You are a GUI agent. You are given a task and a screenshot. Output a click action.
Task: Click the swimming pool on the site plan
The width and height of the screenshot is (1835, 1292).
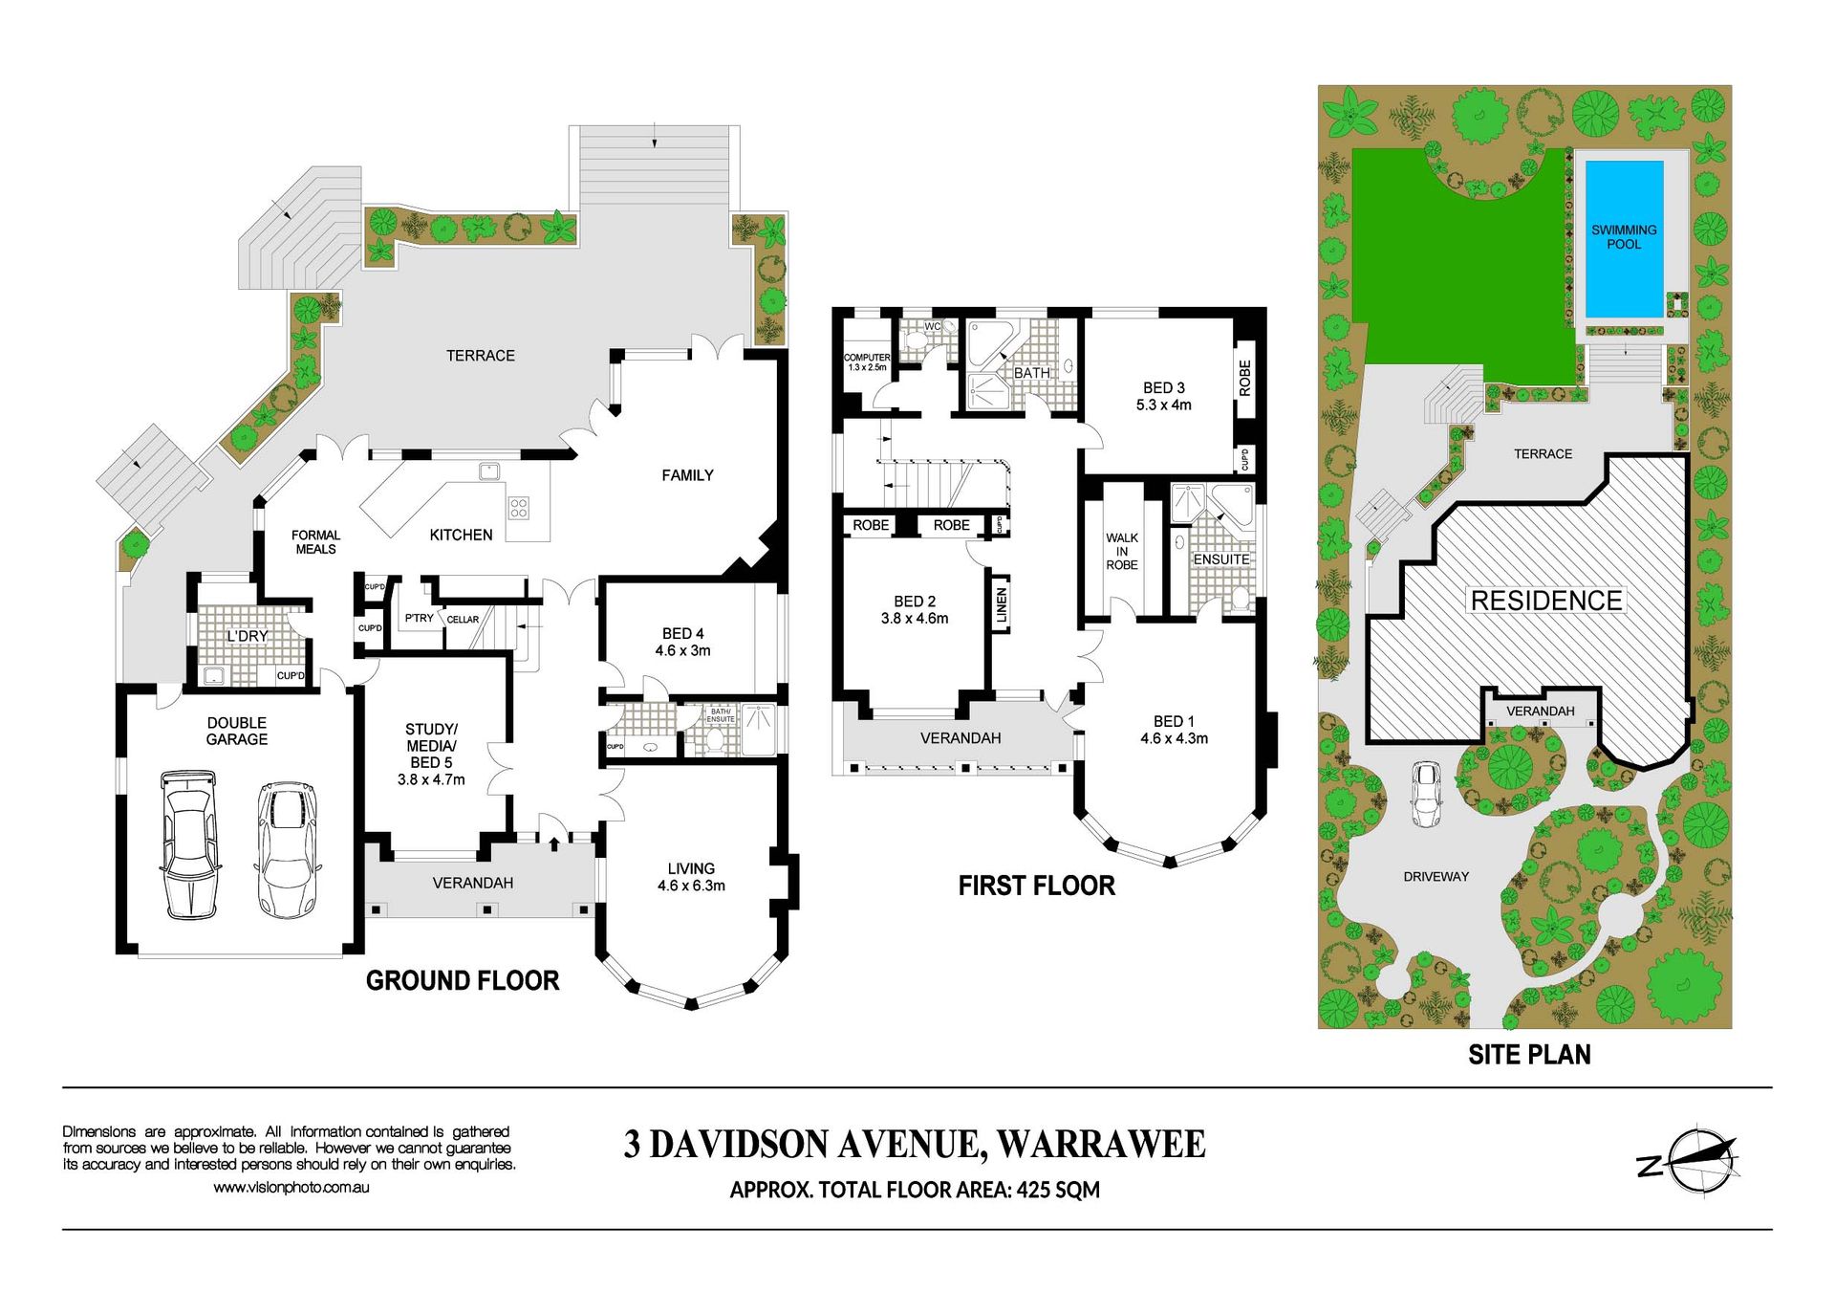point(1624,239)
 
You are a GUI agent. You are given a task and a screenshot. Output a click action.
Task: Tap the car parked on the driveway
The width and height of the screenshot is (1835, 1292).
point(1426,794)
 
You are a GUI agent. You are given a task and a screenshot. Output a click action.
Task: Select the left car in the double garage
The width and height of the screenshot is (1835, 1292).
point(189,844)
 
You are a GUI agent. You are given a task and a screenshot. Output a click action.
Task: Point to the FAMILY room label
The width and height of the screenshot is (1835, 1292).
point(687,475)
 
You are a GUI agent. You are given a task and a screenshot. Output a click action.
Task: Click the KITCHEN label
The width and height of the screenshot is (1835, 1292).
point(461,536)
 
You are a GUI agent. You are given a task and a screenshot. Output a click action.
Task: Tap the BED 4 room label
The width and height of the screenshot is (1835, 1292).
point(682,634)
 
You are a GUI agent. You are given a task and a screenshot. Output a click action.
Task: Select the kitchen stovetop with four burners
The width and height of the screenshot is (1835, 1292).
point(518,507)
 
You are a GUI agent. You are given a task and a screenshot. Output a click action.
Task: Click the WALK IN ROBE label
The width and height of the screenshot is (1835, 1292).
point(1122,552)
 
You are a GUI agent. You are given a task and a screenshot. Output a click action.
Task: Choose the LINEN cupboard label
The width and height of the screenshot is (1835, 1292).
point(1002,605)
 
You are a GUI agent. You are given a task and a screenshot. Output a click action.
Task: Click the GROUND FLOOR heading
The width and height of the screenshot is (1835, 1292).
point(463,980)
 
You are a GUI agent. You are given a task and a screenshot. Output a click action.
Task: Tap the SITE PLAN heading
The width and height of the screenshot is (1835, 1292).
point(1529,1055)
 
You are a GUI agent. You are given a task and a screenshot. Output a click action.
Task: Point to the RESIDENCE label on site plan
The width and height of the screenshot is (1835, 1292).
point(1546,601)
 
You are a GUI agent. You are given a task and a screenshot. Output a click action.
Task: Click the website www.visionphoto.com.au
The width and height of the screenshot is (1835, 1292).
point(291,1188)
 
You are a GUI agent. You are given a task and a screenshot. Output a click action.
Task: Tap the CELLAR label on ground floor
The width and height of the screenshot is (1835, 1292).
point(463,620)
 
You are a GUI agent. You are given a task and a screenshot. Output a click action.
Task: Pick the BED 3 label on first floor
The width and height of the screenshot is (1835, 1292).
point(1164,388)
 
